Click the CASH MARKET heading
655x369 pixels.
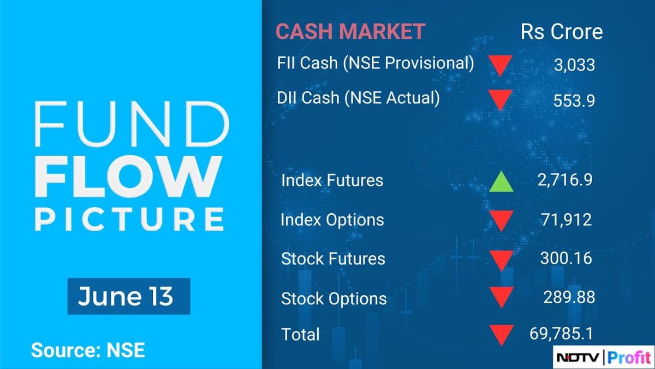point(350,31)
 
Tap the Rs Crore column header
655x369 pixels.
point(562,31)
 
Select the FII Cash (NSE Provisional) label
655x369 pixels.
point(376,63)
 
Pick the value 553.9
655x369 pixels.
point(574,101)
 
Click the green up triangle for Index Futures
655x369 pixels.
point(501,181)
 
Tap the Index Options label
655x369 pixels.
point(332,220)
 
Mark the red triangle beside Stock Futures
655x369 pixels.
point(501,260)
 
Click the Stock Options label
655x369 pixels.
point(334,298)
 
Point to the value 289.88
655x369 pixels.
point(569,297)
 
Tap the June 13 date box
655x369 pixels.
point(128,296)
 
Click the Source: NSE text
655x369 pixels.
point(87,350)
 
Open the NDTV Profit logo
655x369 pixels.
point(603,358)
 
